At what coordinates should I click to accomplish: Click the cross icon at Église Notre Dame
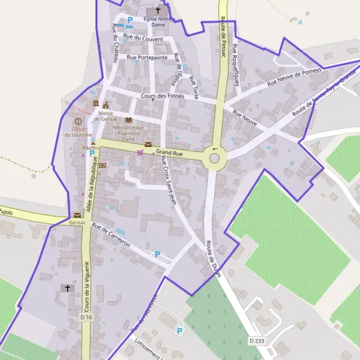(158, 10)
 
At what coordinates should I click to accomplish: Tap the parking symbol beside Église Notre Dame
(130, 20)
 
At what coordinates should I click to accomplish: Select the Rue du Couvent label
(142, 38)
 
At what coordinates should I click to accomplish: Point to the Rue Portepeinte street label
(147, 58)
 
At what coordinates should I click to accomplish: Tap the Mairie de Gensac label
(106, 116)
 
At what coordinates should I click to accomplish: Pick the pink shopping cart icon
(140, 152)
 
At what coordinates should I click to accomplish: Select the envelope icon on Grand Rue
(148, 145)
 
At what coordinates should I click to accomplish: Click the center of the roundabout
(214, 159)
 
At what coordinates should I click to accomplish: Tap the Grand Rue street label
(169, 154)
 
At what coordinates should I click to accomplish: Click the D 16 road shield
(86, 316)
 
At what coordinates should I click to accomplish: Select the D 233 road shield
(256, 341)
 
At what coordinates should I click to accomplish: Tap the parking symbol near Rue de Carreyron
(158, 254)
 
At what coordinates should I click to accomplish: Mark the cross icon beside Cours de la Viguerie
(67, 289)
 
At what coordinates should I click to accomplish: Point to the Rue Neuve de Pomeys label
(295, 75)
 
